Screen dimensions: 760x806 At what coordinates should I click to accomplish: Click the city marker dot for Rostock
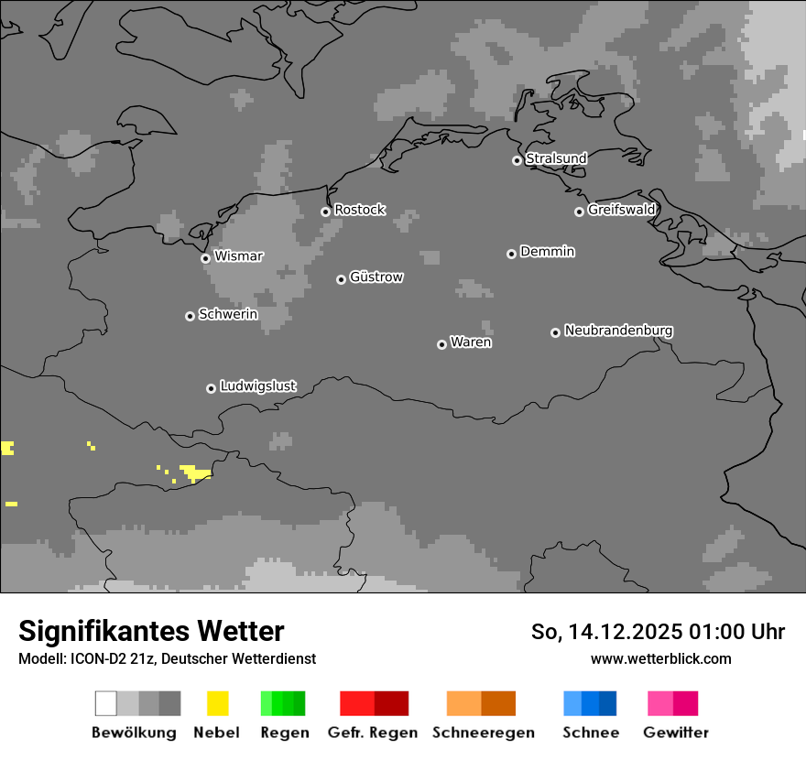(325, 212)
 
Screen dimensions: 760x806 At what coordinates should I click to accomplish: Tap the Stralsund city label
(556, 158)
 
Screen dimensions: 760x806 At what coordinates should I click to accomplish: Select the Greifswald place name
(622, 210)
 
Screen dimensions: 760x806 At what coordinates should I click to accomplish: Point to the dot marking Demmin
(511, 254)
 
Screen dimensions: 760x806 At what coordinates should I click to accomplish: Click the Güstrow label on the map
(376, 277)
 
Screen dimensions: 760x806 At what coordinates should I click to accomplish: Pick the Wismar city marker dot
(205, 258)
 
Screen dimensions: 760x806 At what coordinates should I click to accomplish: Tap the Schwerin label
(228, 314)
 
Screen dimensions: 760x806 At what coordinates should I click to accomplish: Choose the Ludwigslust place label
(257, 386)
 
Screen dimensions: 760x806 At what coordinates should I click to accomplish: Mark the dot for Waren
(441, 344)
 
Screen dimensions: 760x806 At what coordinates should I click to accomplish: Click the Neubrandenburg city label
(618, 331)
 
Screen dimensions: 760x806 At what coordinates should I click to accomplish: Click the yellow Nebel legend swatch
(217, 703)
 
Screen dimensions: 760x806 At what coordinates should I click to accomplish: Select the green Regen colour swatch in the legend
(283, 703)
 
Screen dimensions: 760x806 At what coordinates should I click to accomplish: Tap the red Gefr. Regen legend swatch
(374, 703)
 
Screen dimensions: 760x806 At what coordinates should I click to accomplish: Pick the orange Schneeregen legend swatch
(481, 703)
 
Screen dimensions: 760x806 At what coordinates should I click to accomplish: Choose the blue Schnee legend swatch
(590, 703)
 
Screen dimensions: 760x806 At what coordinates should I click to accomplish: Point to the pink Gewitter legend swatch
(672, 703)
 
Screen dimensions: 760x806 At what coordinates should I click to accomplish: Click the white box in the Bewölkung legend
(106, 703)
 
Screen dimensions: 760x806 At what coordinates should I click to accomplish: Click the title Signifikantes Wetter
(152, 631)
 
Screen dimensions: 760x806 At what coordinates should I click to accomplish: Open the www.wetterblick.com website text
(660, 658)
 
